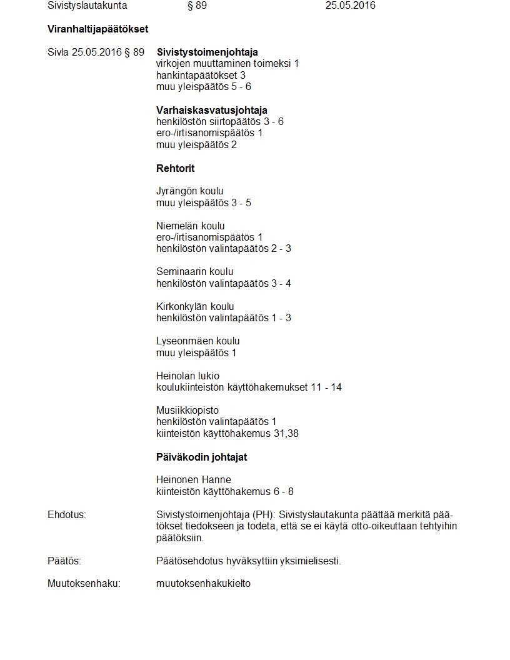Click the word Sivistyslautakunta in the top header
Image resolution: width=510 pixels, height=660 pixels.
pos(87,6)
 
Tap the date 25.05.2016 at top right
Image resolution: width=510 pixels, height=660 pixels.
pos(351,6)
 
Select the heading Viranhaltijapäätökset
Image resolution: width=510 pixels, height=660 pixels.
pos(97,29)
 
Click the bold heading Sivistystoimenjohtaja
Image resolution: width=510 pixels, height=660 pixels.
pos(207,52)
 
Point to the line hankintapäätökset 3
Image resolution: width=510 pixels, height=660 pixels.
pos(201,75)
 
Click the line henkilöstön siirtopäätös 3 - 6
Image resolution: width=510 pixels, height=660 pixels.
pos(219,121)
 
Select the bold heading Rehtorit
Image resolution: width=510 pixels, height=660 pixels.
pos(175,168)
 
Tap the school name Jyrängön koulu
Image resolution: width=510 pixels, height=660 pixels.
pos(189,191)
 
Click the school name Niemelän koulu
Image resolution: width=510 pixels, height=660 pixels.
pos(190,226)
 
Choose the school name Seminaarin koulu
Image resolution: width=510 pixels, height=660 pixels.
pos(194,271)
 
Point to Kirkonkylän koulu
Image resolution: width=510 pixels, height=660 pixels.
pos(195,306)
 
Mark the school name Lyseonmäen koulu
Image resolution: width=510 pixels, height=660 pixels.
pos(197,341)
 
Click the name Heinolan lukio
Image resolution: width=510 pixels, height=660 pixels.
pos(187,376)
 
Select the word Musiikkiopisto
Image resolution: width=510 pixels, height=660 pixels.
pos(187,410)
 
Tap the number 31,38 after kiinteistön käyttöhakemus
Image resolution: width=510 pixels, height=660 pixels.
pos(286,433)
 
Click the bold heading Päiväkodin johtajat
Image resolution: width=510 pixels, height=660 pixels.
pos(201,457)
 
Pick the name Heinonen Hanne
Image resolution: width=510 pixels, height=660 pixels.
pos(193,479)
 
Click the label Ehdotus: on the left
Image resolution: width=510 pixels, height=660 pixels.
pos(67,514)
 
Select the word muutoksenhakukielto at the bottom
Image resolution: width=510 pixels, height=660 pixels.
pos(203,584)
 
